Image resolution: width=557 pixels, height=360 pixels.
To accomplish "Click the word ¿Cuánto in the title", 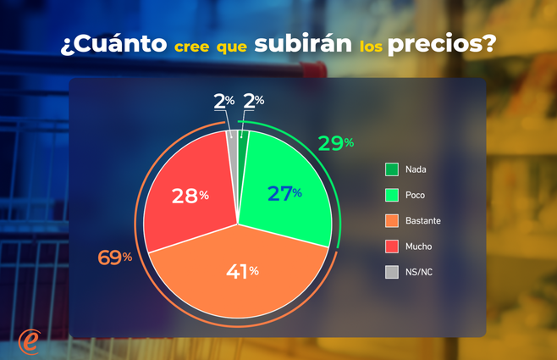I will [113, 44].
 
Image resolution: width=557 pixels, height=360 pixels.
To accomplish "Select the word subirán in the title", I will [302, 43].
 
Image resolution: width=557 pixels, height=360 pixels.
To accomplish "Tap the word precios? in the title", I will [441, 45].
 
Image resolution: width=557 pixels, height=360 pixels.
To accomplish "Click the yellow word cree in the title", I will [193, 47].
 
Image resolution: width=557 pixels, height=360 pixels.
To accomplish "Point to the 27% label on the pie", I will [284, 193].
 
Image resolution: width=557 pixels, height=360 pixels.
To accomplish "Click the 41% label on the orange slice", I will [241, 272].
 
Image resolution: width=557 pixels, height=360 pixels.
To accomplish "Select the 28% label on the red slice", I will [190, 196].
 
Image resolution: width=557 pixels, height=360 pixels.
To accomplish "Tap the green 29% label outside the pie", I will [335, 143].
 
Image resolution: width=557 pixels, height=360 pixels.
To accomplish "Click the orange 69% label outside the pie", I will [115, 257].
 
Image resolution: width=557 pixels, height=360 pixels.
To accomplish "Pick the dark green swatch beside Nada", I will [391, 169].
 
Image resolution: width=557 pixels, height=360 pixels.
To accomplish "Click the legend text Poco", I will [415, 195].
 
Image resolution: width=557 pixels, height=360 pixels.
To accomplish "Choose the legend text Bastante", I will [422, 220].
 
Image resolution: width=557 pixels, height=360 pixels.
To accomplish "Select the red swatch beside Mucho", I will [391, 246].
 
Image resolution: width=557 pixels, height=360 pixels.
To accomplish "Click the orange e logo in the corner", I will [30, 341].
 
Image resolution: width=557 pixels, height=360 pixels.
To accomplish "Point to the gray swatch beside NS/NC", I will [391, 272].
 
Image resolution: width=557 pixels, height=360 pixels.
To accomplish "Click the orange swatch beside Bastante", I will [391, 220].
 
